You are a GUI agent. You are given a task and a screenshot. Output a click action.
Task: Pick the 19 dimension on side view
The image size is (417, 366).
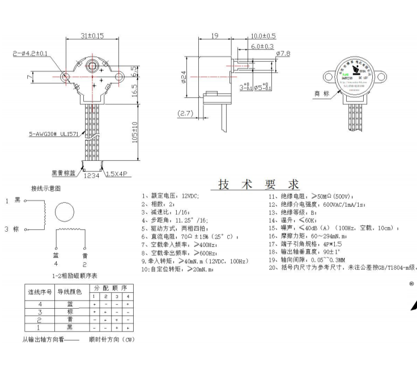click(215, 36)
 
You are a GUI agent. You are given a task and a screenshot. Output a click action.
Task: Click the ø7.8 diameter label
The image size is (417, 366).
click(282, 53)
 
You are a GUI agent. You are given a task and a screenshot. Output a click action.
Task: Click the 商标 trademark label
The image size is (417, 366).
click(321, 94)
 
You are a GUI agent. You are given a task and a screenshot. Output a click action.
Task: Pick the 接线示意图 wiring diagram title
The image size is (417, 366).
click(45, 188)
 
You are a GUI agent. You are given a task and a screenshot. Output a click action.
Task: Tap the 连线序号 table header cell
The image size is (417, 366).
click(40, 292)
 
